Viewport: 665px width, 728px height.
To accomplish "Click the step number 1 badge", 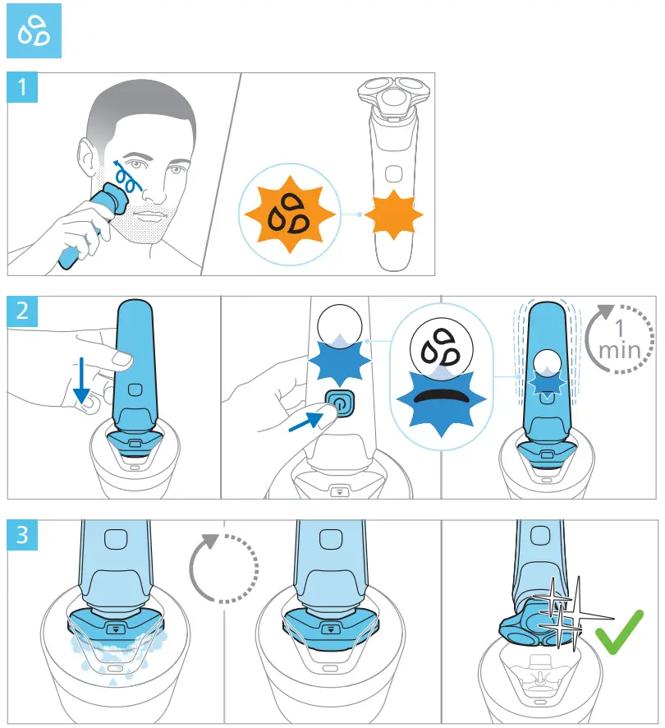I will (21, 88).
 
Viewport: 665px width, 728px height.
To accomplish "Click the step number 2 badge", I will (21, 311).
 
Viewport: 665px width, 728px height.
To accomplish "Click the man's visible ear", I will (88, 159).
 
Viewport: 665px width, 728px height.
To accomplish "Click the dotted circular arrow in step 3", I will (223, 569).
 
